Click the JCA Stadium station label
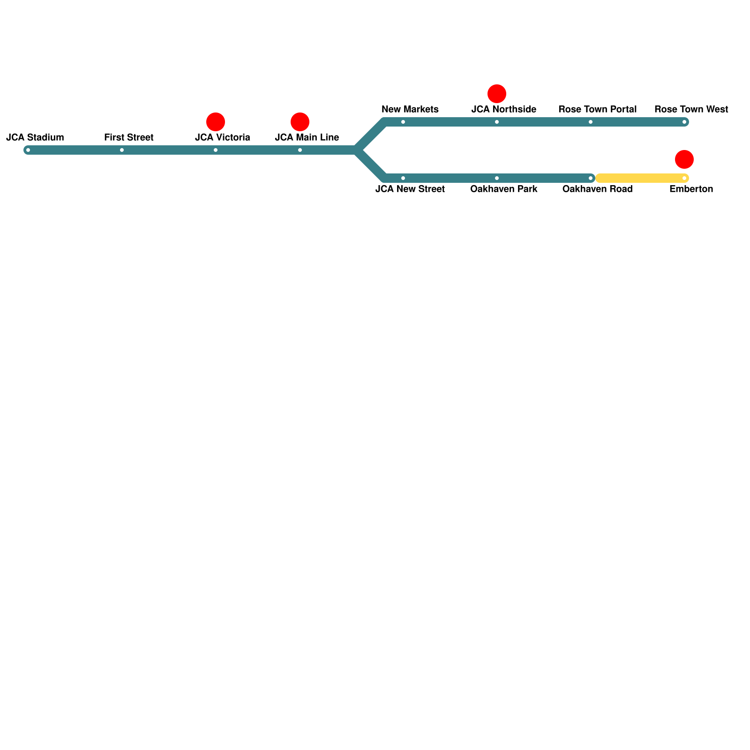click(35, 137)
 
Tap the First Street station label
click(129, 137)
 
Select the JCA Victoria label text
click(223, 137)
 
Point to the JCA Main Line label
click(307, 137)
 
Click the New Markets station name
click(410, 109)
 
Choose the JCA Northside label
click(504, 109)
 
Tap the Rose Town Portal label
click(598, 109)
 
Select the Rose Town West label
click(691, 109)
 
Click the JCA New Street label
click(410, 189)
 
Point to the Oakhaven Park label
click(504, 189)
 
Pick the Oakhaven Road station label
click(598, 189)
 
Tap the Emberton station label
click(691, 189)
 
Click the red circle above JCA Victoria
click(216, 122)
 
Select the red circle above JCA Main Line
click(300, 122)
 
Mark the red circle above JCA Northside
click(497, 94)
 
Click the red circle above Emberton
click(684, 159)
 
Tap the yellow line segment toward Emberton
click(640, 178)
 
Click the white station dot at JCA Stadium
click(28, 150)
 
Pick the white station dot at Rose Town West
click(684, 122)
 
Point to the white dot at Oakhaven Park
click(497, 178)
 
